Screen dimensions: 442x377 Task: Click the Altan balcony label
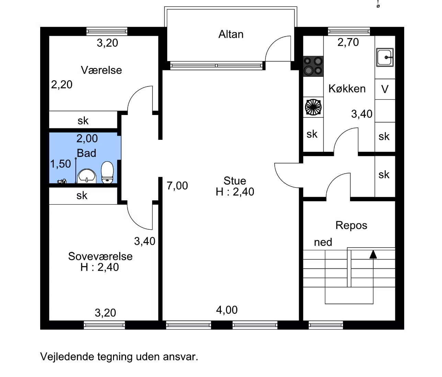231,34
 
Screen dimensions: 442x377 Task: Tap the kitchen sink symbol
385,57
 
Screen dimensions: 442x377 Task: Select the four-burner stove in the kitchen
313,66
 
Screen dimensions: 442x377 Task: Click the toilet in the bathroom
107,172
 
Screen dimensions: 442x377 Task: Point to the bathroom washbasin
87,176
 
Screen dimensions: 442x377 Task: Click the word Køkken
347,89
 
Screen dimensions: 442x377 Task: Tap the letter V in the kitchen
385,89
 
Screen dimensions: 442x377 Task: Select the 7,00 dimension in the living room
177,186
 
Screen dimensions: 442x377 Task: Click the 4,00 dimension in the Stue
227,310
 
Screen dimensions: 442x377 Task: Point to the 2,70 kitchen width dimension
348,42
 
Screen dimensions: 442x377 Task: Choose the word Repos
351,226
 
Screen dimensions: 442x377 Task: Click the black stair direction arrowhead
373,254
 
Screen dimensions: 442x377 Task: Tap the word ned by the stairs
323,242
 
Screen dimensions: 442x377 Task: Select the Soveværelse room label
100,256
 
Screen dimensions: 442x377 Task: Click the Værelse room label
101,70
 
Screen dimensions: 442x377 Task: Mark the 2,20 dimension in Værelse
62,85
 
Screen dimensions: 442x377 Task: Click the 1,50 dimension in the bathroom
60,164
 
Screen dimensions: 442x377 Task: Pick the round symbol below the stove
313,107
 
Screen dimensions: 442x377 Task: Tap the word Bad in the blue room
87,153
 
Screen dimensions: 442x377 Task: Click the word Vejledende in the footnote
67,357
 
